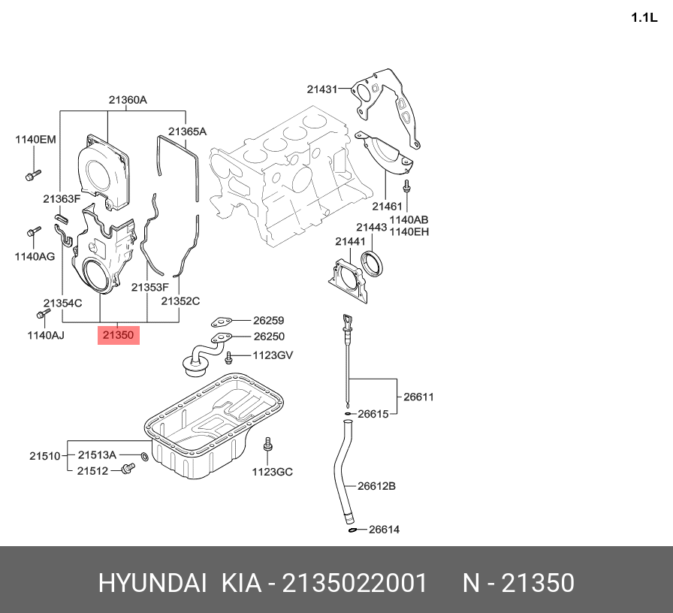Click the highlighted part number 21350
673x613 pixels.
[x=119, y=335]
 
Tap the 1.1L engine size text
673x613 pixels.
[x=644, y=17]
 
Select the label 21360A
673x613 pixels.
[x=128, y=100]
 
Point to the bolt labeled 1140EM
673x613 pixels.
[x=33, y=175]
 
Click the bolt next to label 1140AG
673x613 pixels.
[x=34, y=231]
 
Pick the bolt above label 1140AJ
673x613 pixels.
[x=44, y=313]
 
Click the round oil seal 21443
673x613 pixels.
[x=372, y=264]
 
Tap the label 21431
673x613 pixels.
[x=322, y=89]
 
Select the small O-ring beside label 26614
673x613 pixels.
[x=352, y=530]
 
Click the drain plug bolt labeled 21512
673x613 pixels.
[x=128, y=468]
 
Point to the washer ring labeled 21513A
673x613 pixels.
[x=145, y=456]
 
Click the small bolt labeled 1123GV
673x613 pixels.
[x=228, y=356]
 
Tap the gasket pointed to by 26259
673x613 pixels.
[x=222, y=322]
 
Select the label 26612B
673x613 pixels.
[x=376, y=486]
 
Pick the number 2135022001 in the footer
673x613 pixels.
[x=354, y=583]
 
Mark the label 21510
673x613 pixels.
[x=45, y=456]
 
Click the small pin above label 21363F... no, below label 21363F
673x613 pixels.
[x=62, y=217]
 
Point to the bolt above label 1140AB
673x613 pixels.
[x=406, y=187]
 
